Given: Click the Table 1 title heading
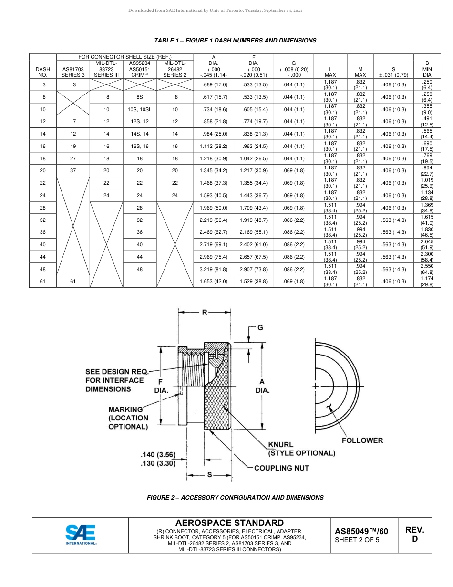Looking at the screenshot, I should (x=235, y=41).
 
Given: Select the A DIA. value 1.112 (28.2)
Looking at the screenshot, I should (x=213, y=147).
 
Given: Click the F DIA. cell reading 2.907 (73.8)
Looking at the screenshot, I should (x=253, y=269).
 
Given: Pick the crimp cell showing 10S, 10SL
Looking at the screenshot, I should (x=139, y=110).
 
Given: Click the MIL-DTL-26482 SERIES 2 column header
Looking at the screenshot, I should (x=175, y=69).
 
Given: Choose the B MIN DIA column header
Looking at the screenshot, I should (x=427, y=69).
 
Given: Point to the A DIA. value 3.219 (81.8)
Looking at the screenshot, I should (x=213, y=269).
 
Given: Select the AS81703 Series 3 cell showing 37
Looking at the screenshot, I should (x=73, y=171).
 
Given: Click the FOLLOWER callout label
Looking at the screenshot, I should (x=362, y=440).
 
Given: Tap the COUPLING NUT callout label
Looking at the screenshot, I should (x=281, y=468).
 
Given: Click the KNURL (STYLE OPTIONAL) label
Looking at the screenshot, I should (x=301, y=449).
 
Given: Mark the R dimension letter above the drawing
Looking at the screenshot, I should (x=205, y=313).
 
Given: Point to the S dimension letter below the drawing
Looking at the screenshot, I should (x=209, y=475).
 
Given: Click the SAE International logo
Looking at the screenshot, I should (x=81, y=535).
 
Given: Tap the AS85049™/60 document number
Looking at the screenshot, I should (x=361, y=531).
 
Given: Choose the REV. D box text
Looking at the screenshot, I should (x=414, y=535).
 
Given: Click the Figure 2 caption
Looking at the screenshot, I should (x=235, y=497).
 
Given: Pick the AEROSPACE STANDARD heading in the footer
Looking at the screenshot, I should (x=229, y=523).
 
